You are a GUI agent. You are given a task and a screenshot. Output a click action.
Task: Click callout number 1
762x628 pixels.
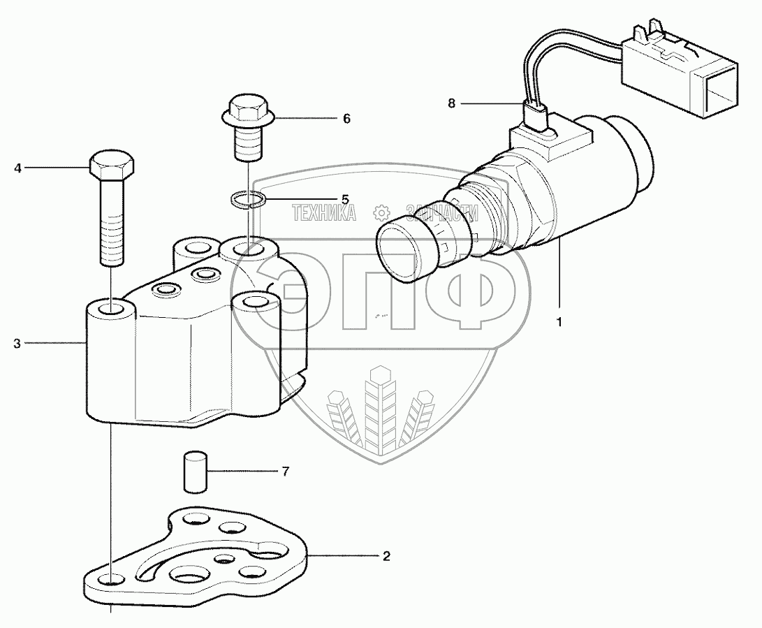point(559,322)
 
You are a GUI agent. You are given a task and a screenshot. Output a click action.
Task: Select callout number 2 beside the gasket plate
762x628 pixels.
point(385,556)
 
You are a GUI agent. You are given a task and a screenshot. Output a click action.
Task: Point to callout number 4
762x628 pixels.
point(18,168)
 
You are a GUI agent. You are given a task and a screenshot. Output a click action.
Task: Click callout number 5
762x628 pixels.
point(344,198)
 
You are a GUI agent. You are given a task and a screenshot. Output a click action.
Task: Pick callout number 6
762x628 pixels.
point(346,119)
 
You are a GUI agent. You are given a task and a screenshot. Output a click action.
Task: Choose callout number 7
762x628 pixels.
point(284,472)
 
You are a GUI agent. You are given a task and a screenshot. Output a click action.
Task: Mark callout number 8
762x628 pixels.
point(451,104)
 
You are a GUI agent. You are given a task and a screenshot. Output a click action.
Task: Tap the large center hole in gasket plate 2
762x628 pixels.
point(189,577)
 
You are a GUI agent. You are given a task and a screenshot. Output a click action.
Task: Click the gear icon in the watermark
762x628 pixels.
point(381,212)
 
